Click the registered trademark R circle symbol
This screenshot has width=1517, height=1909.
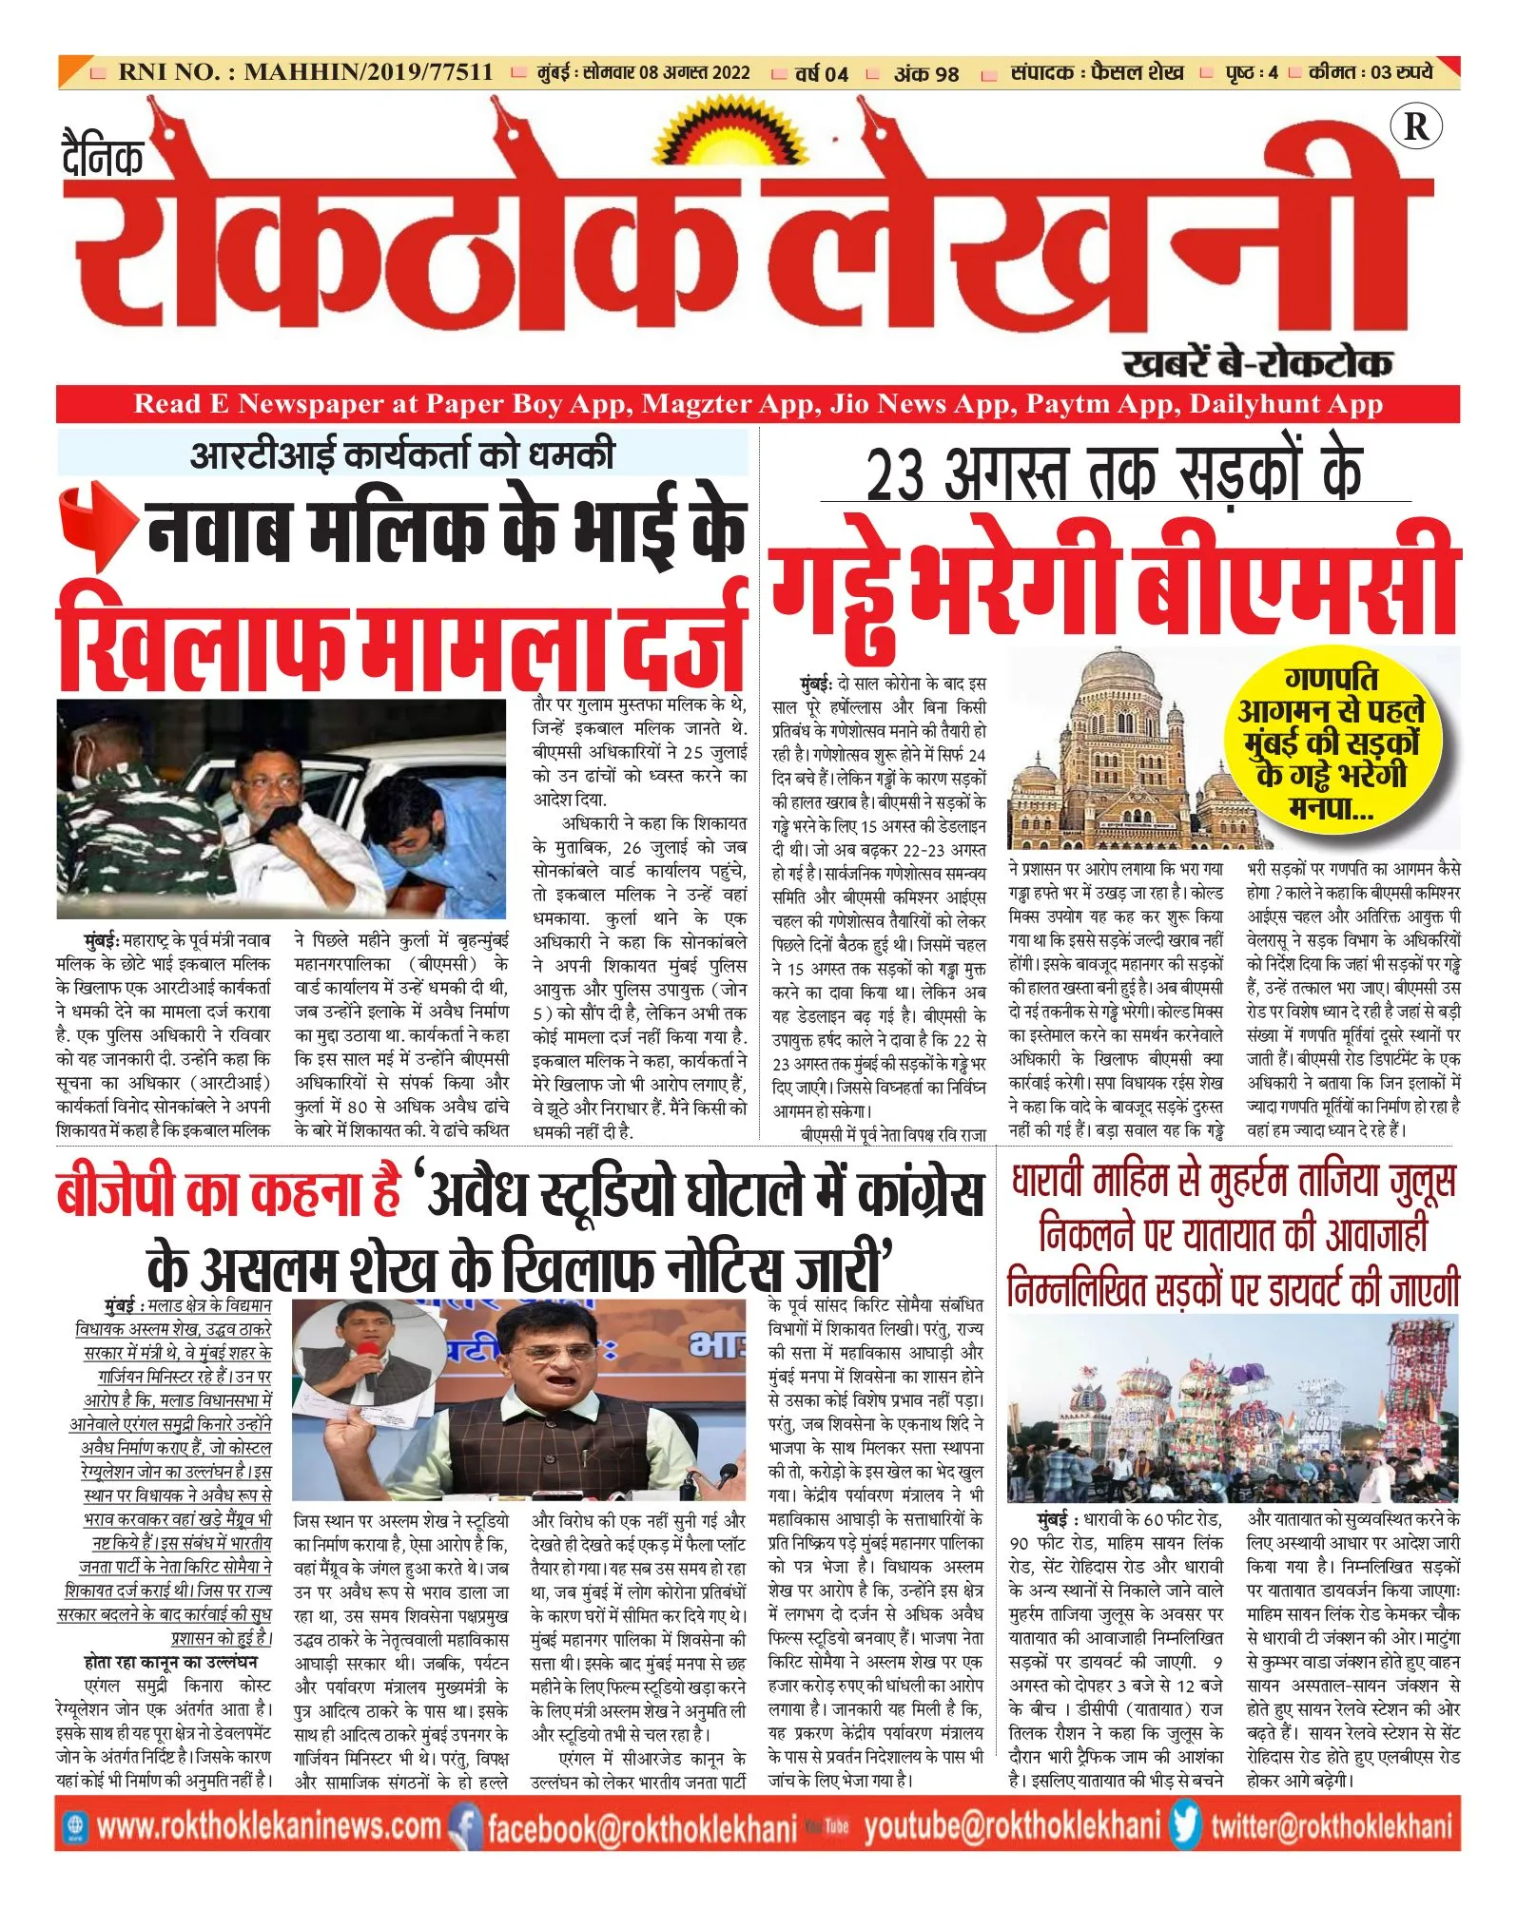(1415, 126)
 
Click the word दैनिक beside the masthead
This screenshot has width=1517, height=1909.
(104, 156)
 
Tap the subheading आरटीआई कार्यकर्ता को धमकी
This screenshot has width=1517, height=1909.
(402, 455)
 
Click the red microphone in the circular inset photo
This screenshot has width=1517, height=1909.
(368, 1349)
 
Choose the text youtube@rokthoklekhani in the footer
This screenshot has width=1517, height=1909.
(1012, 1827)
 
